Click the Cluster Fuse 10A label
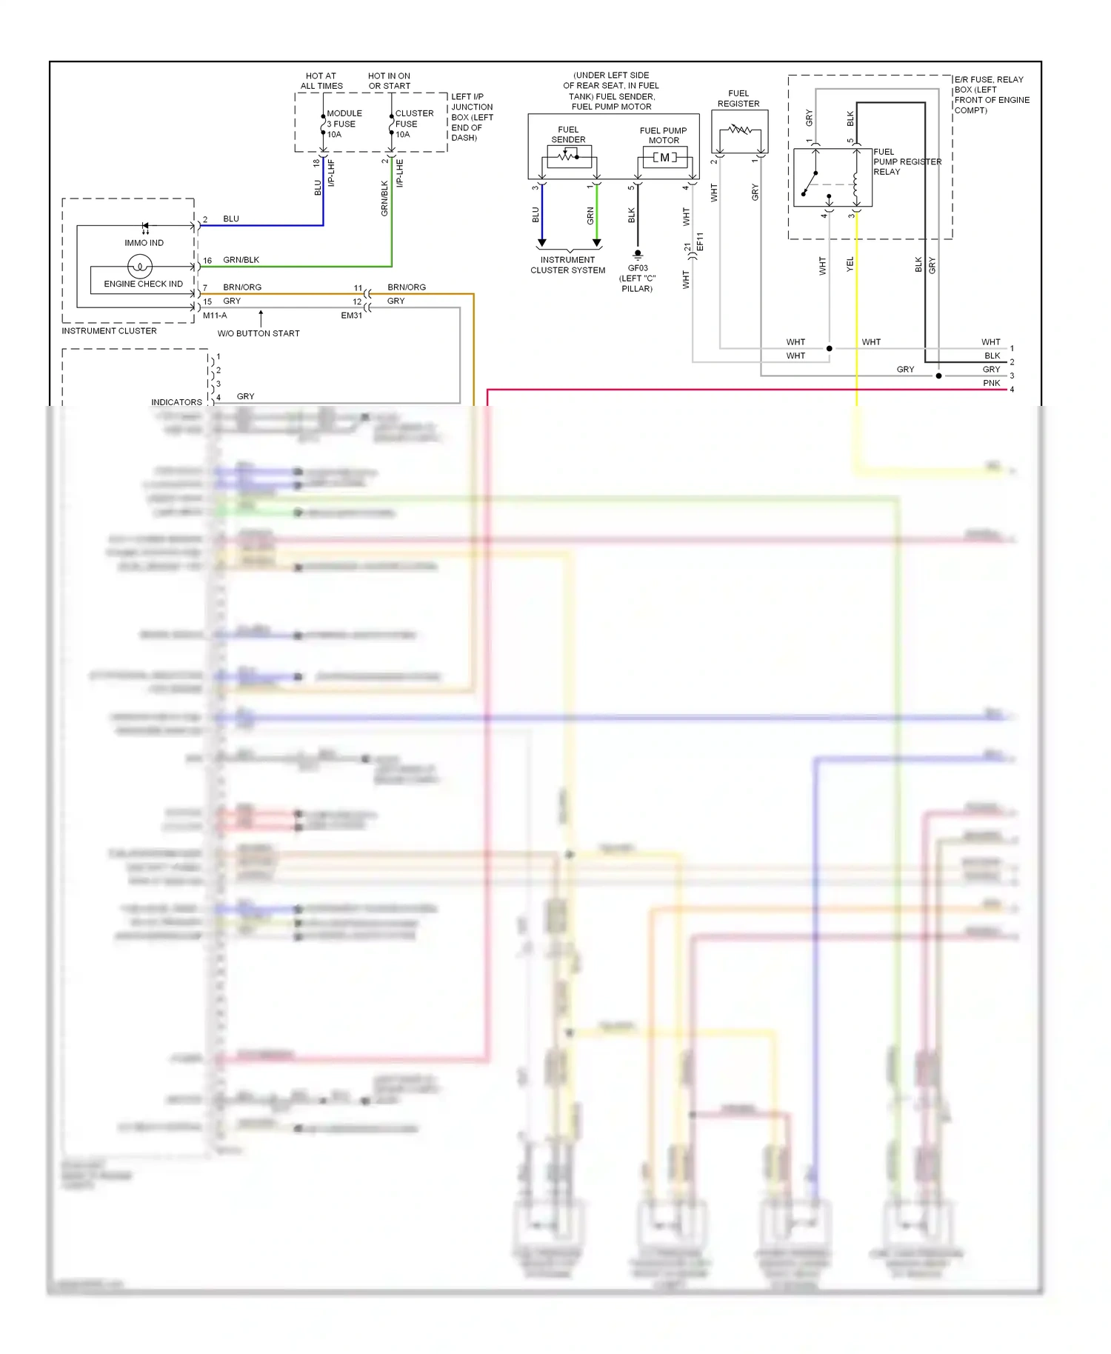tap(413, 124)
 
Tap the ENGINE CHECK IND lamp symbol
tap(140, 266)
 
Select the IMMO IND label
tap(144, 243)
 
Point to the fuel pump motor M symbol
tap(664, 157)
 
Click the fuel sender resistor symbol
tap(568, 156)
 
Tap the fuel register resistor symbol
tap(739, 130)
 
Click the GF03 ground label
tap(638, 268)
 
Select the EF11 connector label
tap(700, 242)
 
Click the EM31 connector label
tap(352, 316)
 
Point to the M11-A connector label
tap(215, 316)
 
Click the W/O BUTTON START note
tap(258, 333)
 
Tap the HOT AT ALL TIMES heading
tap(321, 81)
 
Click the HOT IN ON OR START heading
tap(390, 81)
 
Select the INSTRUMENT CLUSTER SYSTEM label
tap(567, 265)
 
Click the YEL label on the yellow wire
tap(850, 264)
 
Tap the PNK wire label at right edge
tap(991, 383)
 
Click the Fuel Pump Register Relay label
tap(907, 161)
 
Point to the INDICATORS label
tap(176, 402)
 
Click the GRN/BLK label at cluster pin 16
tap(241, 260)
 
